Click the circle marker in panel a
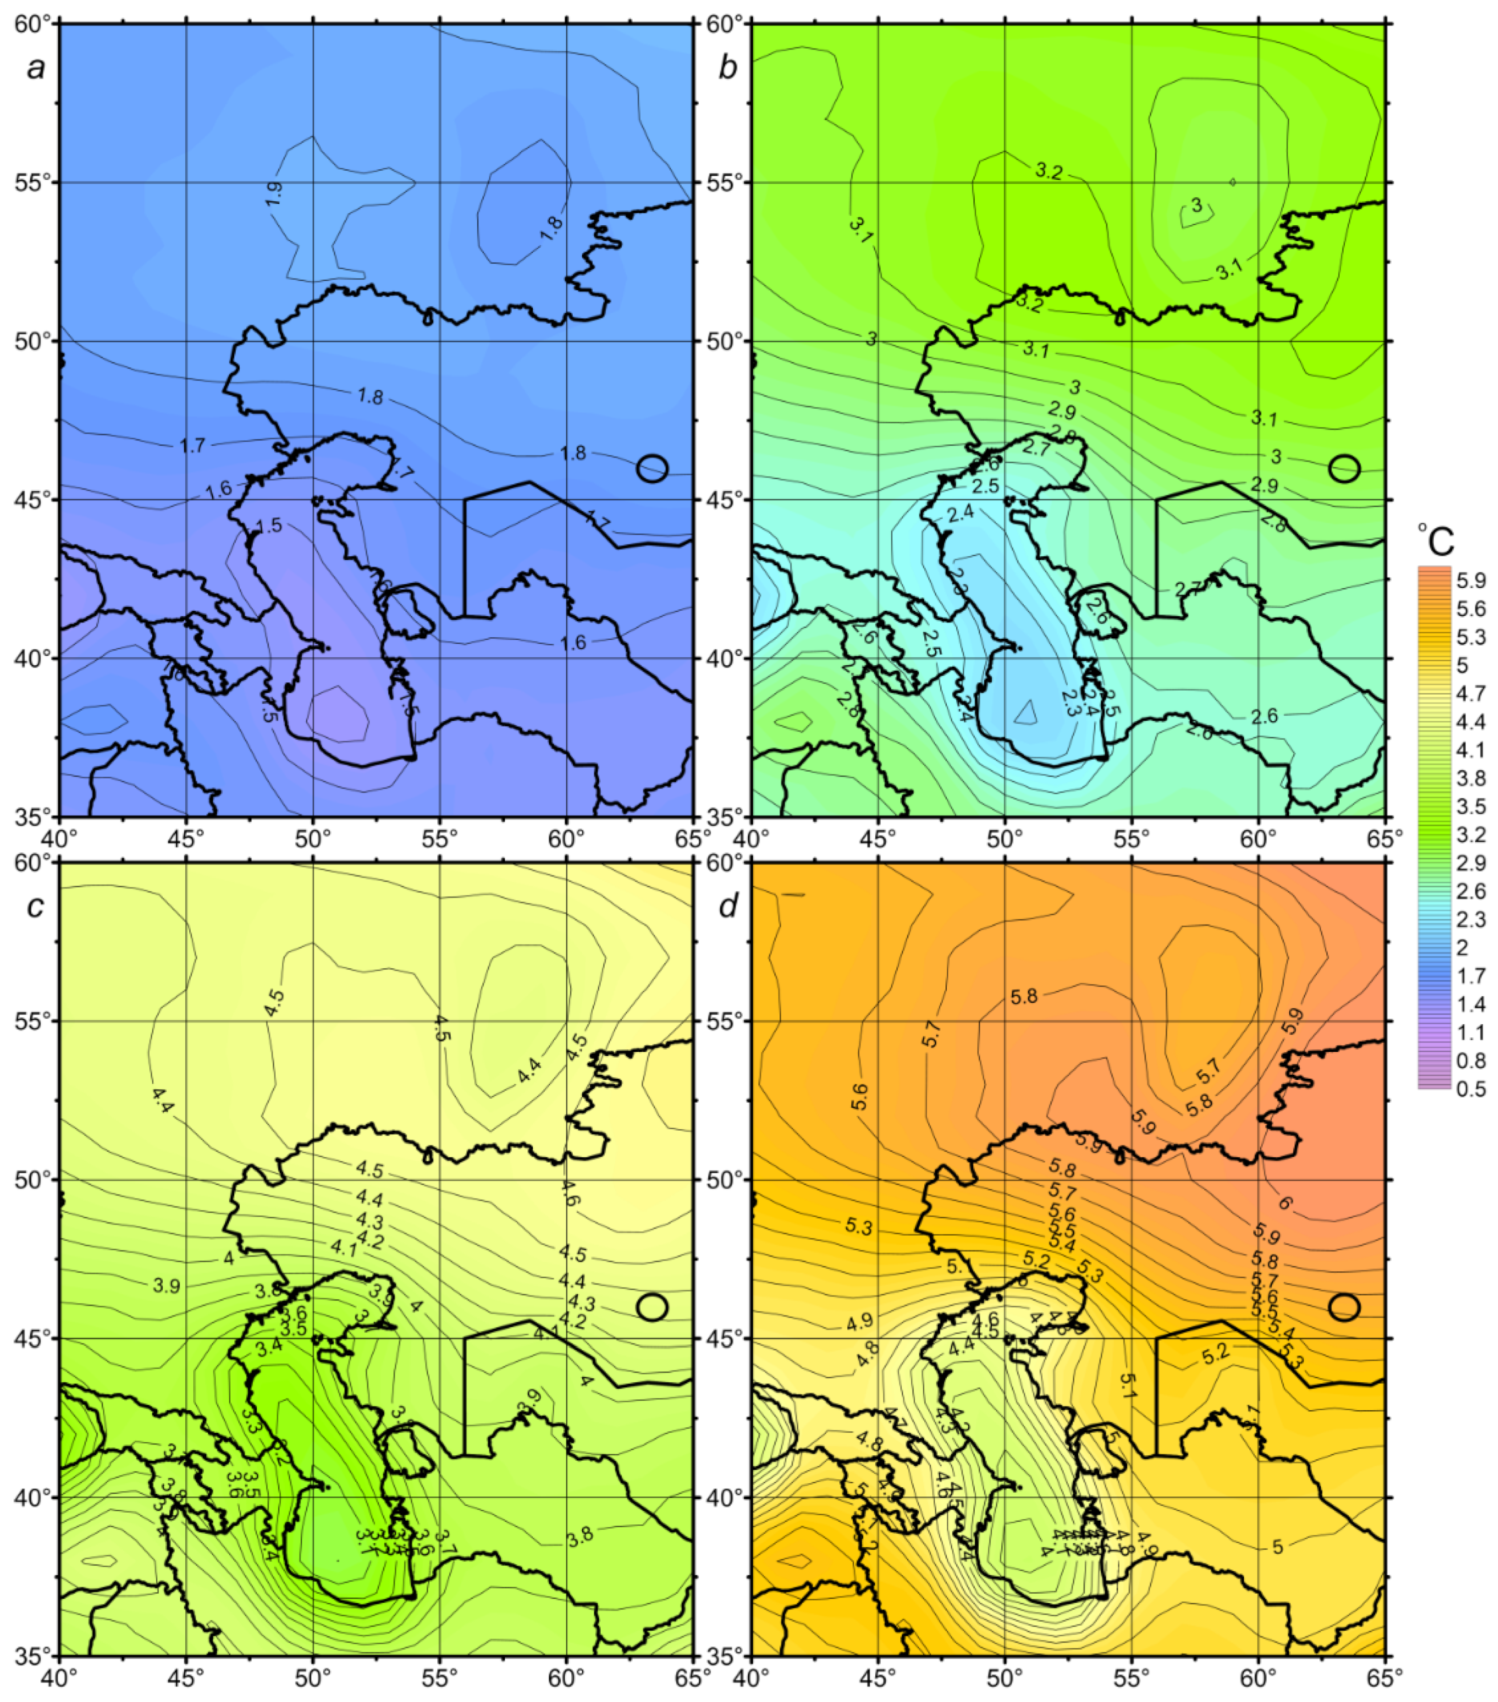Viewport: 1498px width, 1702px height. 652,468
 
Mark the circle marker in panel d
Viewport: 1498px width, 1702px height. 1344,1306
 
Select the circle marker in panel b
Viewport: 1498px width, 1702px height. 1344,468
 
